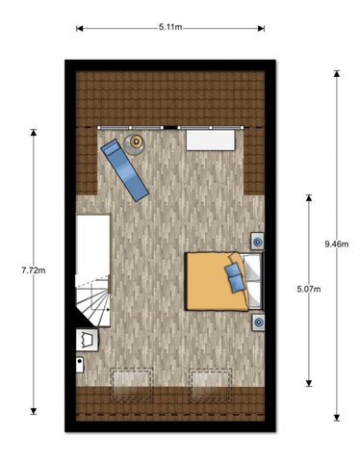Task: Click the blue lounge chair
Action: pyautogui.click(x=124, y=168)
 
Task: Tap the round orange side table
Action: pyautogui.click(x=137, y=143)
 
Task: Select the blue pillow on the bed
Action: pyautogui.click(x=234, y=276)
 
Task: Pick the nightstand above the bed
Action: pyautogui.click(x=259, y=241)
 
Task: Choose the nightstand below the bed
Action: pyautogui.click(x=259, y=321)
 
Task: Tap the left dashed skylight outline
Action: pyautogui.click(x=133, y=386)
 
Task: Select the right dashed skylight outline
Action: pyautogui.click(x=211, y=386)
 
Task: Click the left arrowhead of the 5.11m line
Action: pyautogui.click(x=79, y=29)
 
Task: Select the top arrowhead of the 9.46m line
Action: pyautogui.click(x=337, y=78)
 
